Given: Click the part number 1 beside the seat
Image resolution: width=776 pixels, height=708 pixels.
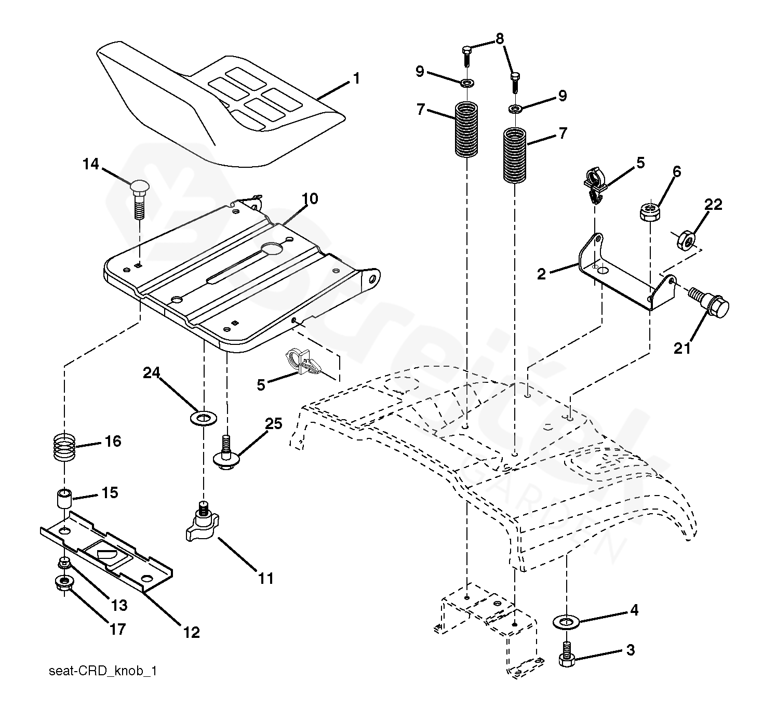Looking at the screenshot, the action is pyautogui.click(x=356, y=78).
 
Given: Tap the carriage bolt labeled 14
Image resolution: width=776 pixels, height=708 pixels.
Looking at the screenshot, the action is pyautogui.click(x=140, y=199).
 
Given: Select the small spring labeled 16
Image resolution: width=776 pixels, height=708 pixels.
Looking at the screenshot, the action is pyautogui.click(x=64, y=447).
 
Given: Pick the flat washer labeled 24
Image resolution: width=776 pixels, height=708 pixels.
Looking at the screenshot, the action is pyautogui.click(x=204, y=419).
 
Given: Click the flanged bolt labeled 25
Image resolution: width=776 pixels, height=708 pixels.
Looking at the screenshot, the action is pyautogui.click(x=226, y=453).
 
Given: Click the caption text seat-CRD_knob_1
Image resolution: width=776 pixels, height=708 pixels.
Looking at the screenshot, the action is pyautogui.click(x=103, y=671).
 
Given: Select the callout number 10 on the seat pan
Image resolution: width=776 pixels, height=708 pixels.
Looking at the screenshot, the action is pyautogui.click(x=310, y=199).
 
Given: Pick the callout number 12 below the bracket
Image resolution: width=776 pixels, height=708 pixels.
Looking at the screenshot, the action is pyautogui.click(x=192, y=633).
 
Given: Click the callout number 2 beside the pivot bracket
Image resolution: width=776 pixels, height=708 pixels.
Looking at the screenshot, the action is pyautogui.click(x=542, y=274).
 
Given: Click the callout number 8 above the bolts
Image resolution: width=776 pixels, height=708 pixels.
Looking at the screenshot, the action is pyautogui.click(x=500, y=38).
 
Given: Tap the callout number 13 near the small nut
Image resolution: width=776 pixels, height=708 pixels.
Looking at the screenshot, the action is pyautogui.click(x=119, y=606).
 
